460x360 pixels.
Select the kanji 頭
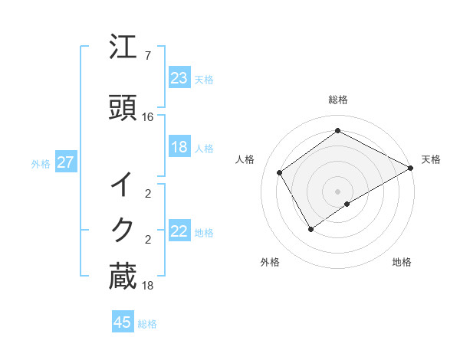pyautogui.click(x=123, y=108)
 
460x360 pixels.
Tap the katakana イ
pyautogui.click(x=123, y=184)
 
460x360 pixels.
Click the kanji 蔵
pyautogui.click(x=123, y=277)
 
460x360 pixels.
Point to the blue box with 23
pyautogui.click(x=179, y=78)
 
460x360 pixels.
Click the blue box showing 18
pyautogui.click(x=179, y=147)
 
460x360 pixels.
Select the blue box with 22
pyautogui.click(x=179, y=231)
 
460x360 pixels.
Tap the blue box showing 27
pyautogui.click(x=65, y=162)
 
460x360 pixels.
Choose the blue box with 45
pyautogui.click(x=123, y=322)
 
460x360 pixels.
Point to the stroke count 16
pyautogui.click(x=149, y=117)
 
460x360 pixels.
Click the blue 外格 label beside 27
pyautogui.click(x=40, y=163)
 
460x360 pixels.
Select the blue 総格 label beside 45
pyautogui.click(x=147, y=323)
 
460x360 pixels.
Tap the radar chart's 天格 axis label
pyautogui.click(x=431, y=159)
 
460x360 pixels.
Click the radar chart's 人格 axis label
pyautogui.click(x=245, y=159)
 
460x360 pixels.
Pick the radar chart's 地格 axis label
pyautogui.click(x=402, y=262)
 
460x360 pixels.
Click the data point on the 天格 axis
pyautogui.click(x=411, y=168)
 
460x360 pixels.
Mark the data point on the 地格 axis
pyautogui.click(x=347, y=204)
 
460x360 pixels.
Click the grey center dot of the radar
pyautogui.click(x=338, y=191)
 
